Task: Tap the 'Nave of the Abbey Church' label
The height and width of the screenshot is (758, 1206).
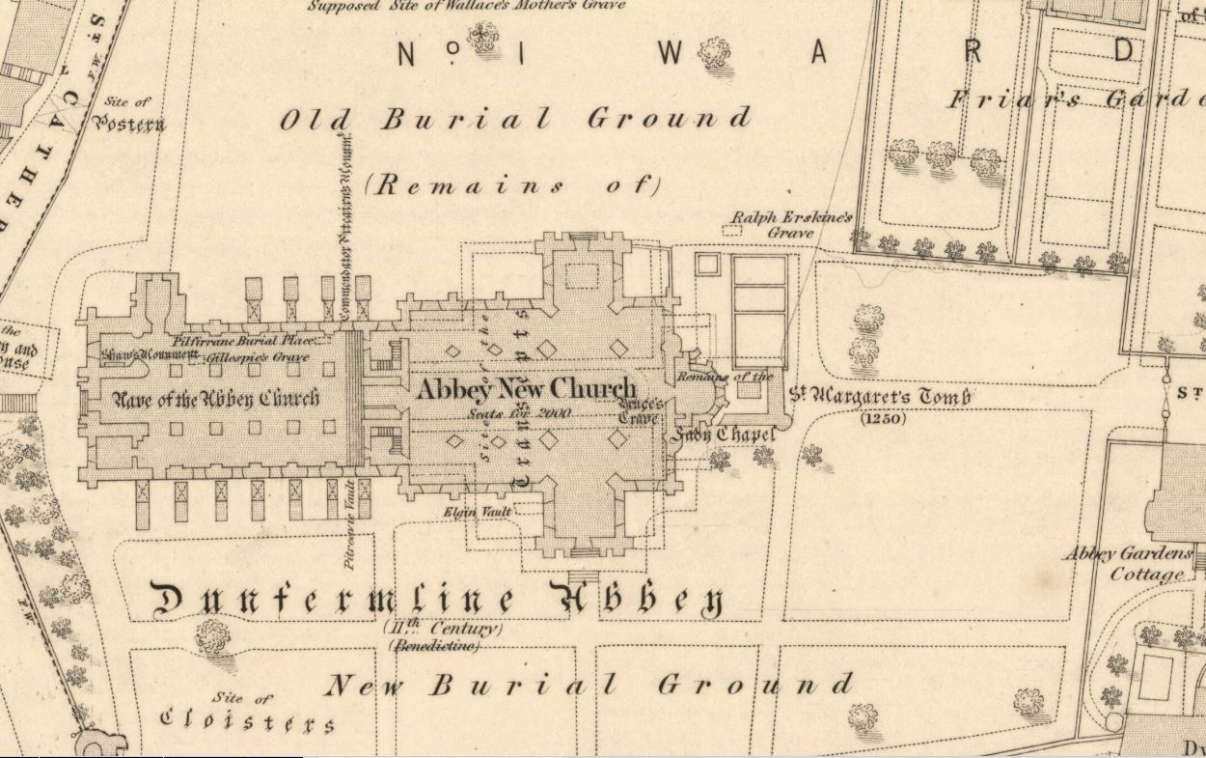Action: tap(217, 397)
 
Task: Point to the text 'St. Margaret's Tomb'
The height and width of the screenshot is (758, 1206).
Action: tap(880, 396)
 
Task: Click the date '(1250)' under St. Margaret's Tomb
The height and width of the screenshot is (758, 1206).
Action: tap(883, 419)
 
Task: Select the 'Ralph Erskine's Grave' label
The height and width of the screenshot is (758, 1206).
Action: tap(791, 225)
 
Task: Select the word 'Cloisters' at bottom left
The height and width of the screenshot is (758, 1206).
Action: tap(248, 721)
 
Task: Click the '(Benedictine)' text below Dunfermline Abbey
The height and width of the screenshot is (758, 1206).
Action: tap(433, 646)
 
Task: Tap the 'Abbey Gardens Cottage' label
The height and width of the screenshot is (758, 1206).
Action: tap(1126, 564)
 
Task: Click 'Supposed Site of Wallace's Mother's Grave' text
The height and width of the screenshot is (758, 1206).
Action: tap(467, 5)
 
